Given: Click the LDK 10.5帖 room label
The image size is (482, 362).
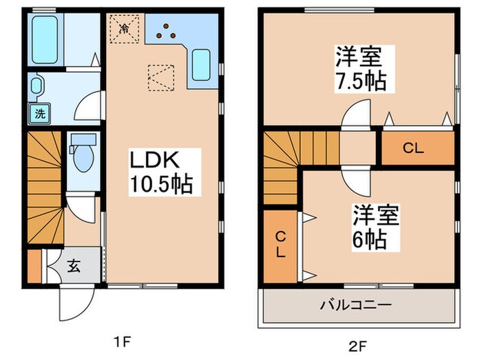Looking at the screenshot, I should (x=162, y=172).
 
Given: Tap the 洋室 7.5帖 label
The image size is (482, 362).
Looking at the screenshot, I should (x=360, y=69).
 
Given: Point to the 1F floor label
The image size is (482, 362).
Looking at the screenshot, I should (x=123, y=341).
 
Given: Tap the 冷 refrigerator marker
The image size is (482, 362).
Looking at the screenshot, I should (x=125, y=29).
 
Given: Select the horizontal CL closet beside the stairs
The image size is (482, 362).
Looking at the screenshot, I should (x=419, y=148).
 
